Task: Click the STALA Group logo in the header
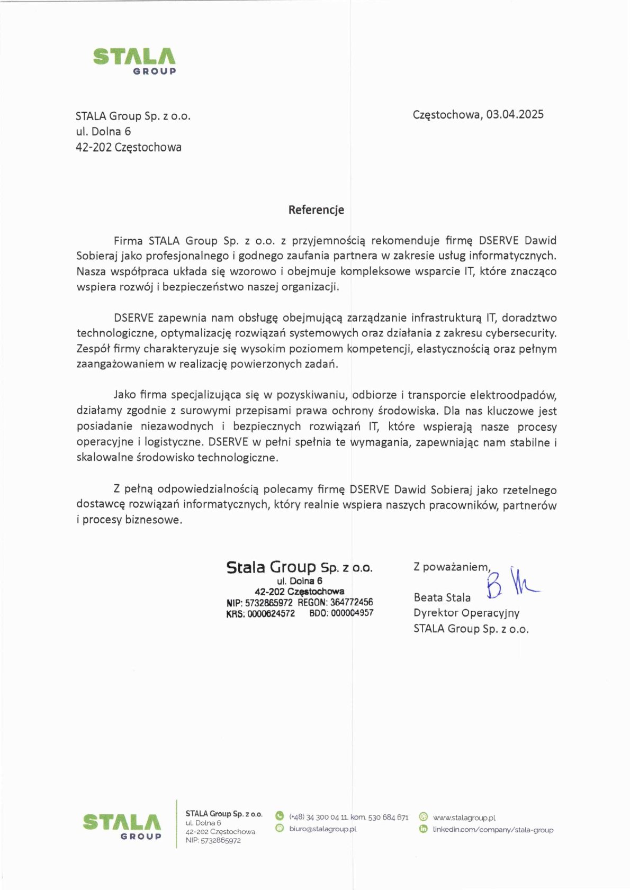[134, 61]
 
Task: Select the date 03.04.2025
[515, 114]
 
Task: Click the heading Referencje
[316, 210]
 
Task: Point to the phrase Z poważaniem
[452, 567]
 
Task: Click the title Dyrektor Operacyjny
[466, 613]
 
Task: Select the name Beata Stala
[442, 597]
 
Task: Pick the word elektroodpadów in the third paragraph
[513, 395]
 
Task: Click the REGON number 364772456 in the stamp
[352, 602]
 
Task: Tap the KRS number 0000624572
[271, 613]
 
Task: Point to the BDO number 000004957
[352, 613]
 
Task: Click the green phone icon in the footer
[280, 816]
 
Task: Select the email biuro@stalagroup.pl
[322, 829]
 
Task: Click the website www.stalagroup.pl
[464, 818]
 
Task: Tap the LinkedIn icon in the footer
[423, 829]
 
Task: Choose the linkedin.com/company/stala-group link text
[493, 830]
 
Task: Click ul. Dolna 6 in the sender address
[103, 131]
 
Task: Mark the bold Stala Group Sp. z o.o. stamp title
[299, 567]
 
